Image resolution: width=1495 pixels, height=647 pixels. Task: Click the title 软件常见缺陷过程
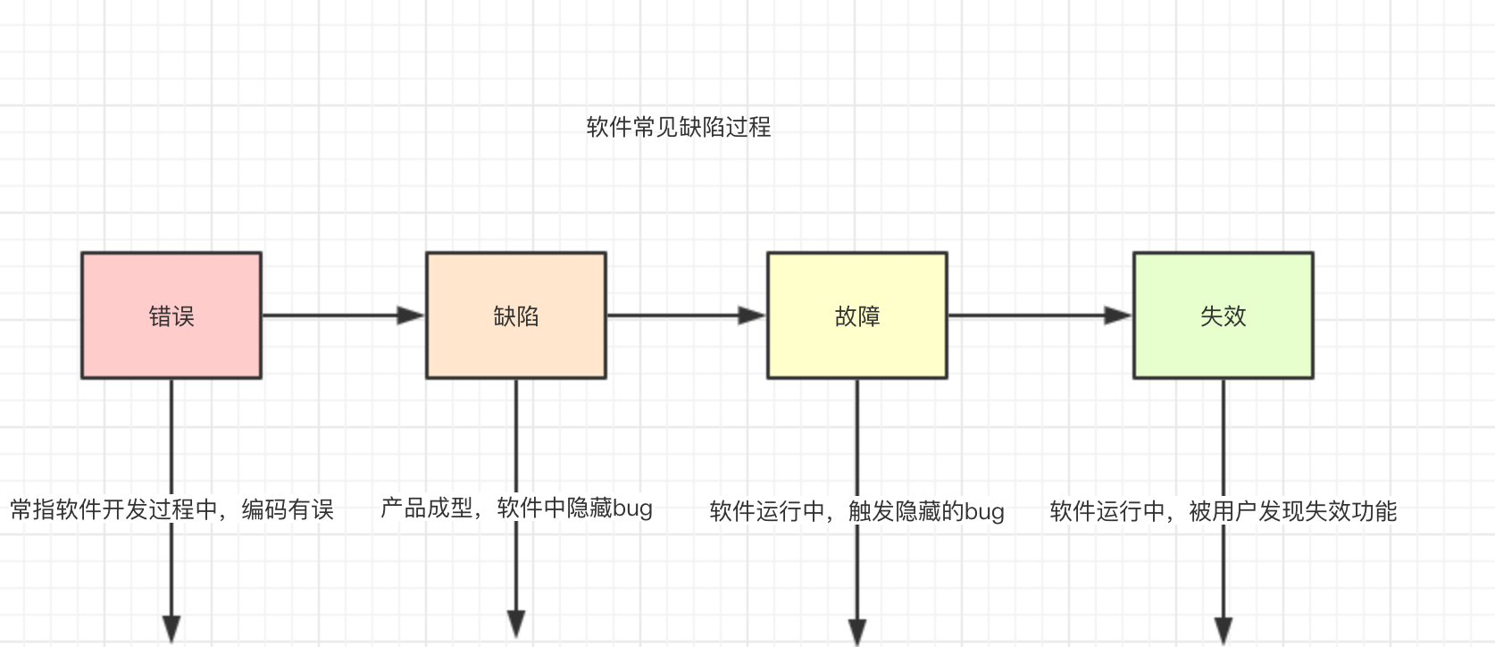[x=679, y=127]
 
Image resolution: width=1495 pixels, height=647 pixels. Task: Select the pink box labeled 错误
[x=171, y=315]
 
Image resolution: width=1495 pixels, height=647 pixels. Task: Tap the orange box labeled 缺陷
[x=516, y=315]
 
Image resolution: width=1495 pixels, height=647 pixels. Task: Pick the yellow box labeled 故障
[x=857, y=315]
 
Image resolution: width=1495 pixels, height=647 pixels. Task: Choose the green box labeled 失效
[x=1224, y=315]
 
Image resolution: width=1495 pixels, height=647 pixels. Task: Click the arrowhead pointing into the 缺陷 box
[x=411, y=315]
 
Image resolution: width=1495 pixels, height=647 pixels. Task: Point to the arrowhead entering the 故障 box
[x=752, y=315]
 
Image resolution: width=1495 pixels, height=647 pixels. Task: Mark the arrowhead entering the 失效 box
[x=1118, y=315]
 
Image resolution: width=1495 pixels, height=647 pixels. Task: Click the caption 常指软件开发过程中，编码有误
[x=171, y=509]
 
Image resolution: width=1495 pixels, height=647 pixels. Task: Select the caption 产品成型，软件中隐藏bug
[x=516, y=508]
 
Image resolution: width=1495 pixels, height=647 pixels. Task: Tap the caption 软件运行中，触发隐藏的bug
[x=857, y=511]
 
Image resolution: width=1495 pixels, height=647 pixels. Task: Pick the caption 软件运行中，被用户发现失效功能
[x=1224, y=511]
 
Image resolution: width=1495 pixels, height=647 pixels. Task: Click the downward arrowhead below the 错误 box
[x=171, y=628]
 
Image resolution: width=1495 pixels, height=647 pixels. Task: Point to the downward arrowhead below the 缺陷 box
[x=516, y=623]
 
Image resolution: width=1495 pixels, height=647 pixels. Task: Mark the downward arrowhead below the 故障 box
[x=857, y=631]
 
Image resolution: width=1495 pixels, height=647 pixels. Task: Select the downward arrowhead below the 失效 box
[x=1224, y=629]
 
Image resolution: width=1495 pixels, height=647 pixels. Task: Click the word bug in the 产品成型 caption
[x=632, y=508]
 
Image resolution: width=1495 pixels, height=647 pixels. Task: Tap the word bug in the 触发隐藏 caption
[x=984, y=512]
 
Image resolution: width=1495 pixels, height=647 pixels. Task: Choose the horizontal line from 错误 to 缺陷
[x=330, y=315]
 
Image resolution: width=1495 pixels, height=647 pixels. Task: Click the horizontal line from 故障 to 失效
[x=1027, y=315]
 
